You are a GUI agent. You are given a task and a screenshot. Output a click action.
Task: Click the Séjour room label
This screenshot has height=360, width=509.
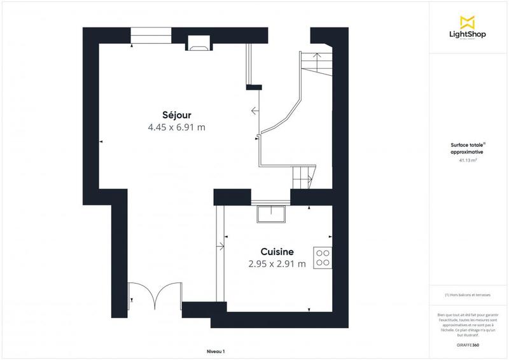[176, 114]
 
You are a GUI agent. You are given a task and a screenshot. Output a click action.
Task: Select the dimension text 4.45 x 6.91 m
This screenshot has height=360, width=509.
[176, 127]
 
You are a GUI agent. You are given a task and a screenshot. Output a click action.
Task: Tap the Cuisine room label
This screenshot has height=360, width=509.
[277, 251]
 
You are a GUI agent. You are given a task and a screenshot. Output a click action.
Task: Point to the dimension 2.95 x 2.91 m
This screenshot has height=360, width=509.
[277, 263]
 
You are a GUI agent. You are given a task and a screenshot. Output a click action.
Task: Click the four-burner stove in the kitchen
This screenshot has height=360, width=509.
[323, 256]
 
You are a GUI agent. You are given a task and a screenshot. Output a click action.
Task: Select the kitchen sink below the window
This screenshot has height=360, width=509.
[272, 214]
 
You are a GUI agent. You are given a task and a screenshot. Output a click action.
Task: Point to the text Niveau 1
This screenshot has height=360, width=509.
[216, 351]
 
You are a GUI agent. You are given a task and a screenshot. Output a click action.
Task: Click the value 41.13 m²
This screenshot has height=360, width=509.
[468, 161]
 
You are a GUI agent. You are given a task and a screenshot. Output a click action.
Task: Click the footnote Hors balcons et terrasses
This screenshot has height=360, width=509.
[469, 294]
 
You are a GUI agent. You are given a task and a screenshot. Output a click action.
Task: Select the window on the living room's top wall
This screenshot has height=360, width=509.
[150, 36]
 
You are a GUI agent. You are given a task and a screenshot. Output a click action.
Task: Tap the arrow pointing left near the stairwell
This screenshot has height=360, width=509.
[254, 111]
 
